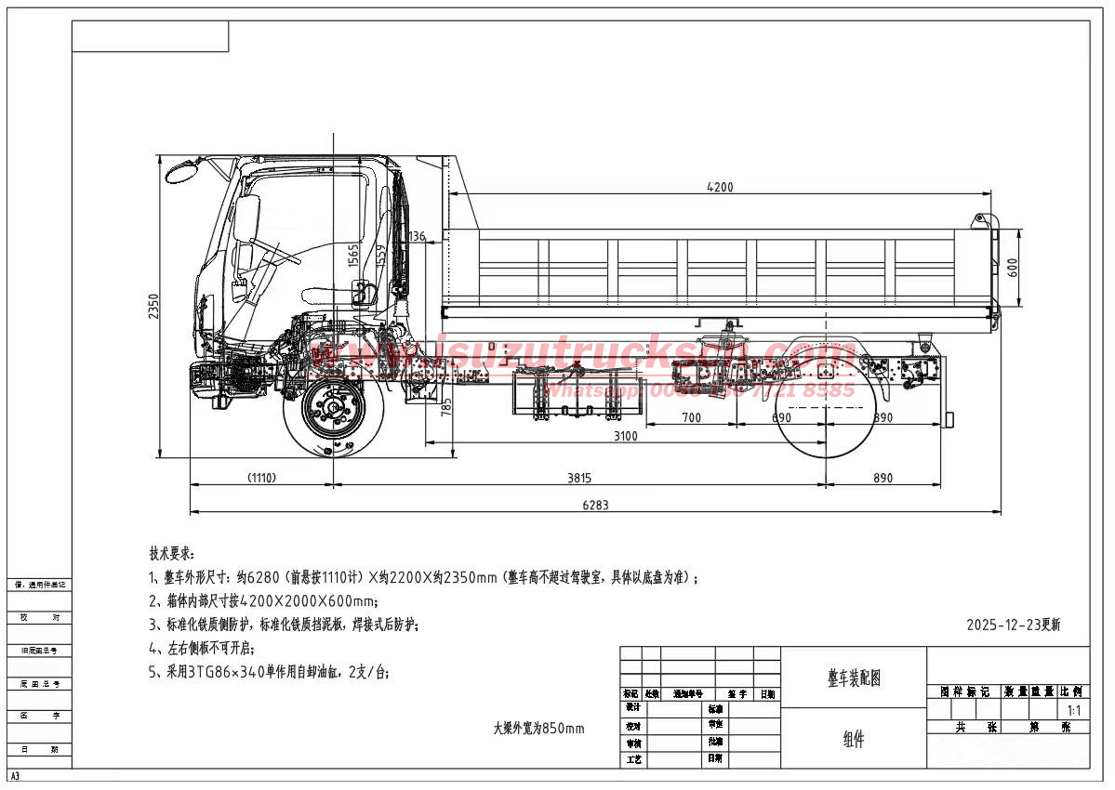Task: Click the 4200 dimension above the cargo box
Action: pos(720,187)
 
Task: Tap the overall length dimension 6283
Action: pos(594,505)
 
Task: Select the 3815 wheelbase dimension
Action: pos(578,478)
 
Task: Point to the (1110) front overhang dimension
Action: pos(261,478)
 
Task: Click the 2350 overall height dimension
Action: pos(153,307)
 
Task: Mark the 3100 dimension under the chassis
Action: pos(625,436)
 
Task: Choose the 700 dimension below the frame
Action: pos(691,418)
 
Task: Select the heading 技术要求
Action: pos(172,553)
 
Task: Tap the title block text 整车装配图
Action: pos(853,678)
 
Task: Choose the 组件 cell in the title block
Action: pos(853,740)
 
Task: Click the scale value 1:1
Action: pos(1073,710)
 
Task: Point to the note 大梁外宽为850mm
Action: pos(538,729)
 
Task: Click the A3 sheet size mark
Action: pos(15,775)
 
